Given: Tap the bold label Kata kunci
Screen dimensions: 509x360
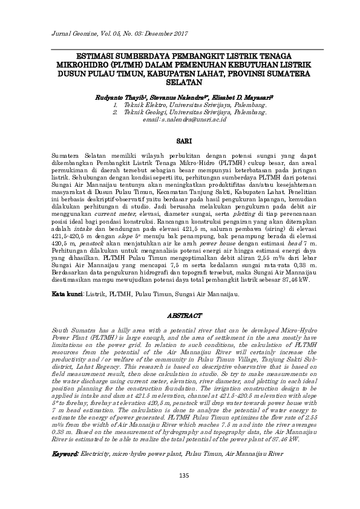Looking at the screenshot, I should (x=67, y=294).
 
